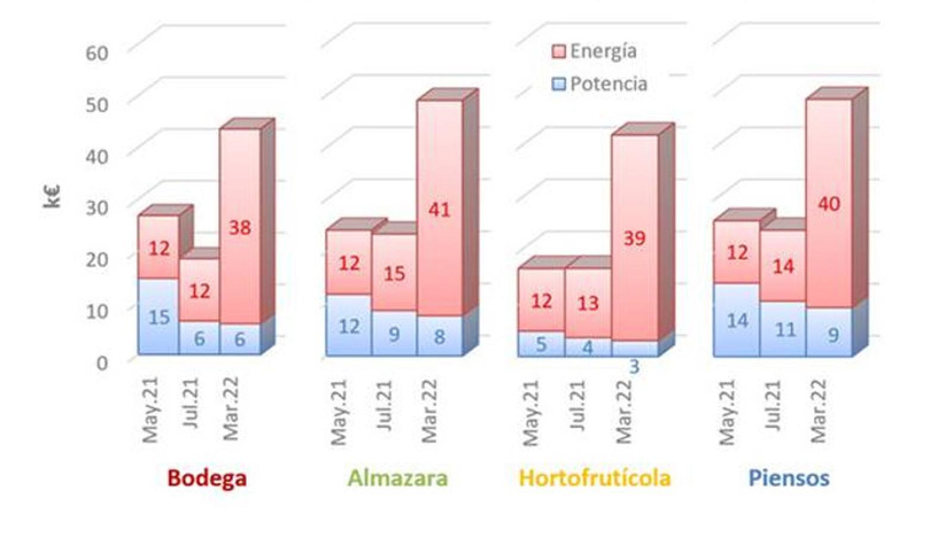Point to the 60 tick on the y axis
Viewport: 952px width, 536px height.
click(97, 53)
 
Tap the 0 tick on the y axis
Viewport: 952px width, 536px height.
click(102, 363)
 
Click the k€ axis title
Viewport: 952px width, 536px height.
click(52, 197)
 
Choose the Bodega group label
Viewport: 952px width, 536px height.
click(206, 478)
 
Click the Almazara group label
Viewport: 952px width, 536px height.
click(397, 478)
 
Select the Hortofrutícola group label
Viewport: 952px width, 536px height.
click(594, 478)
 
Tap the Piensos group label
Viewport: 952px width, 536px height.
click(788, 478)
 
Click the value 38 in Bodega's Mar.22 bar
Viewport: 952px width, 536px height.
click(240, 228)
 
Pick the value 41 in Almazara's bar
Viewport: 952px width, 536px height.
click(439, 210)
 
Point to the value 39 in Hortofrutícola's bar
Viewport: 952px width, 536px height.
click(634, 239)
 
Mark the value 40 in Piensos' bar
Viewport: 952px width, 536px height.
click(829, 204)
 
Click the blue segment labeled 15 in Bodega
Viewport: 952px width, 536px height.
click(159, 317)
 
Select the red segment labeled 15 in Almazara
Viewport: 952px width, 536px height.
click(394, 273)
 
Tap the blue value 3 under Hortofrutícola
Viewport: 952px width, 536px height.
click(634, 367)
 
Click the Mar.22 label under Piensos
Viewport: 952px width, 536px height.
click(819, 411)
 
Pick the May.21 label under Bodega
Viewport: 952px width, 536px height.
click(150, 410)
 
